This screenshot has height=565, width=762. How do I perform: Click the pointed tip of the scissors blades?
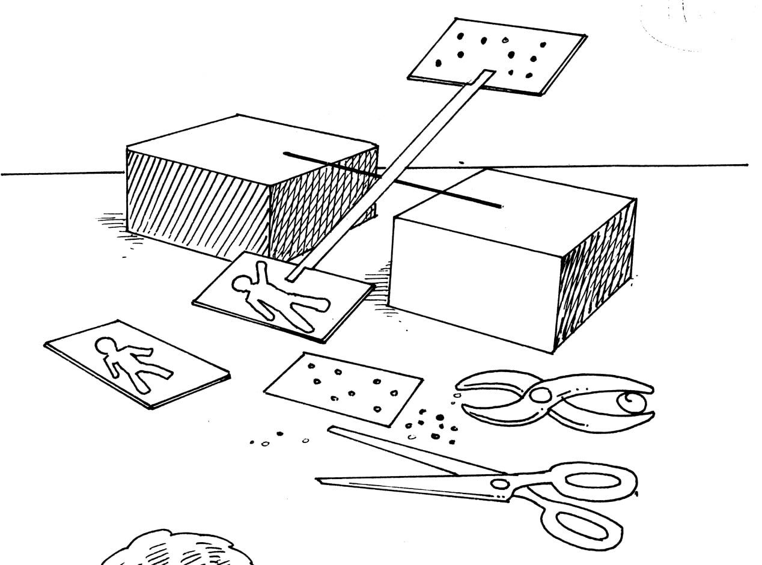(320, 480)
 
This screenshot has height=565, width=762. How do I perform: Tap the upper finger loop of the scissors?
(592, 481)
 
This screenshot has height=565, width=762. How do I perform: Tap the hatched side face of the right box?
(595, 276)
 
